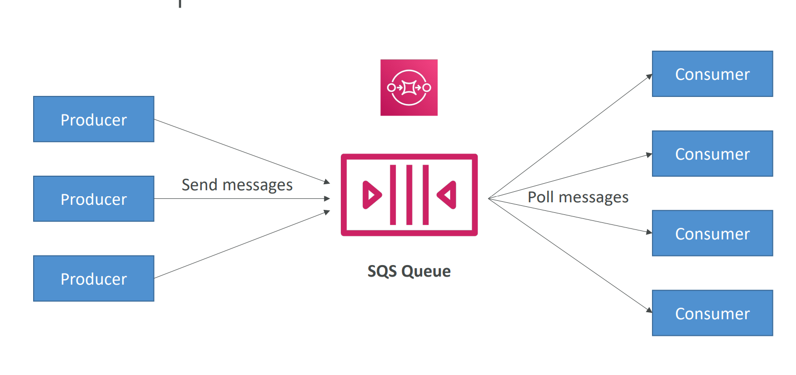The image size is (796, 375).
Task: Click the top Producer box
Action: (x=93, y=119)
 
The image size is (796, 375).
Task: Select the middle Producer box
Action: (x=93, y=199)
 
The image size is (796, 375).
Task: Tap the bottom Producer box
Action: (x=93, y=279)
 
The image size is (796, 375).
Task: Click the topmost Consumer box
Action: (x=712, y=74)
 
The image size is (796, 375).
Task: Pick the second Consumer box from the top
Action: (x=712, y=154)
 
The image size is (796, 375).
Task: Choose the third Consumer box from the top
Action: (x=712, y=233)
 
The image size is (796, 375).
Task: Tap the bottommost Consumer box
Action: (x=712, y=313)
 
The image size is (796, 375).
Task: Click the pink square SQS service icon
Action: (x=409, y=87)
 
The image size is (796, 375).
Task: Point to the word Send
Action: (x=199, y=185)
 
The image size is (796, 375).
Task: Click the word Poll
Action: (x=541, y=197)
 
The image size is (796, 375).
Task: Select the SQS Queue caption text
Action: (x=409, y=271)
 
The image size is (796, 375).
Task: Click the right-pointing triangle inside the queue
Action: (x=371, y=195)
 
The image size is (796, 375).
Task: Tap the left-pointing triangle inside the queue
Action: (x=447, y=195)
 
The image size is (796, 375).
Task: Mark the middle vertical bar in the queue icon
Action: (x=409, y=195)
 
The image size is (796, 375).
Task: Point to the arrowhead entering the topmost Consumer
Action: (x=649, y=77)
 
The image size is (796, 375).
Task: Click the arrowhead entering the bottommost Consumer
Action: (x=649, y=310)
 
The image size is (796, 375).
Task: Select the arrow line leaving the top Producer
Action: (x=241, y=151)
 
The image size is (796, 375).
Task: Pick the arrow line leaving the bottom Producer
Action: (x=241, y=245)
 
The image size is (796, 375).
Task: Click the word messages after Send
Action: (x=257, y=186)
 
